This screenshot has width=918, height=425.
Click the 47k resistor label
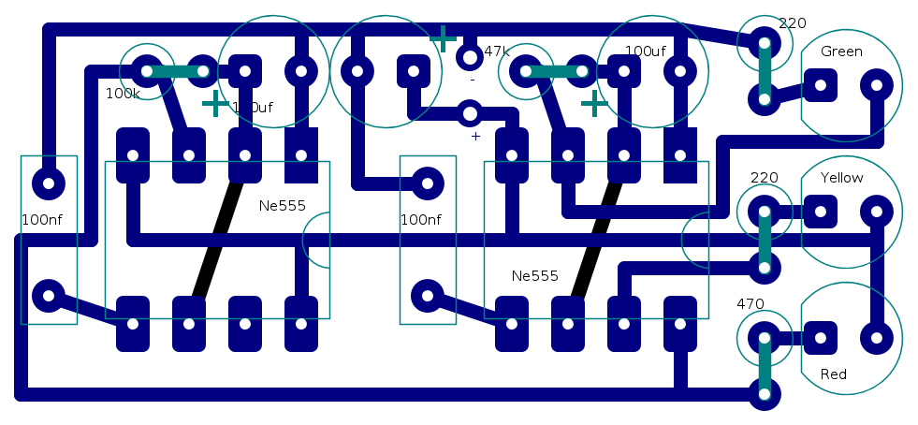(497, 51)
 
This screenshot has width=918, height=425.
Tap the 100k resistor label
(123, 94)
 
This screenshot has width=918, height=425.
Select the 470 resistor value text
(750, 303)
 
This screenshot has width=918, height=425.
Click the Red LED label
(833, 374)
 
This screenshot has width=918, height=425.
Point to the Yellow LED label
(841, 178)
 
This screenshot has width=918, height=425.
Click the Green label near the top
(841, 51)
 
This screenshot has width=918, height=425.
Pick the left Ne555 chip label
(282, 206)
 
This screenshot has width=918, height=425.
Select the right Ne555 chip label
(534, 276)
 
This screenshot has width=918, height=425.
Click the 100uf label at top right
(645, 51)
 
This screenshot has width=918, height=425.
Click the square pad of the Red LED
(821, 338)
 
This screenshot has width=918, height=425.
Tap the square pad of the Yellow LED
(821, 212)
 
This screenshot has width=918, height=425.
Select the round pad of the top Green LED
(877, 86)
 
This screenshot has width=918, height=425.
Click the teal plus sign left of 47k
(443, 38)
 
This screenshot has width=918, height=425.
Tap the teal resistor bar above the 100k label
(174, 70)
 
